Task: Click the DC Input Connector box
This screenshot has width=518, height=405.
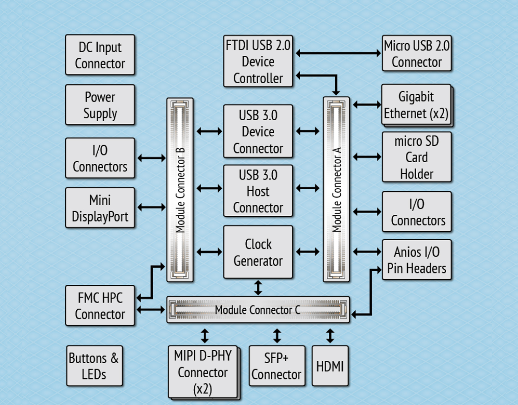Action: pyautogui.click(x=100, y=55)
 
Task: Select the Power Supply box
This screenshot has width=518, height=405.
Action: pyautogui.click(x=100, y=105)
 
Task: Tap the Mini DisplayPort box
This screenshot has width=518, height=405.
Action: pyautogui.click(x=100, y=208)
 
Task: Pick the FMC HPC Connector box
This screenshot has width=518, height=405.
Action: pyautogui.click(x=100, y=306)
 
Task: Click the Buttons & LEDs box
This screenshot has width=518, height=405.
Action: pyautogui.click(x=94, y=366)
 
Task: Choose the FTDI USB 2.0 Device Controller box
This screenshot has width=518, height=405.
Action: pyautogui.click(x=258, y=62)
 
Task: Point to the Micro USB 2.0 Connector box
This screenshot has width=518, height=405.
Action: pyautogui.click(x=417, y=53)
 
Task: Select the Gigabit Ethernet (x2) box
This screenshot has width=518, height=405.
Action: pyautogui.click(x=416, y=105)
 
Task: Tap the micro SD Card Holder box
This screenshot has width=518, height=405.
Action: pyautogui.click(x=417, y=157)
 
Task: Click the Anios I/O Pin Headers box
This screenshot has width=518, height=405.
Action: pyautogui.click(x=417, y=260)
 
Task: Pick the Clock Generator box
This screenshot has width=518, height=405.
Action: pyautogui.click(x=258, y=252)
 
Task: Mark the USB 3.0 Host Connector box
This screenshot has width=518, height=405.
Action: pyautogui.click(x=258, y=191)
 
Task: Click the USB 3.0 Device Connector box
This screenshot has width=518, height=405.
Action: pyautogui.click(x=258, y=131)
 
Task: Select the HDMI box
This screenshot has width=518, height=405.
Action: pyautogui.click(x=330, y=366)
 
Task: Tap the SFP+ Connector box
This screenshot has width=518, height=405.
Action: pyautogui.click(x=277, y=366)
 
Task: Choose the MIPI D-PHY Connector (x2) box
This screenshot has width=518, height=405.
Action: pyautogui.click(x=203, y=372)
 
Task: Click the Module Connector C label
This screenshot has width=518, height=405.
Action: pyautogui.click(x=257, y=310)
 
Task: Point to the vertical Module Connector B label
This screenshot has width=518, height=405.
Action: pyautogui.click(x=180, y=190)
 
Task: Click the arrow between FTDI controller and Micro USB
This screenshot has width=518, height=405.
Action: pyautogui.click(x=338, y=53)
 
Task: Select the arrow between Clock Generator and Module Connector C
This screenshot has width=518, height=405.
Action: pyautogui.click(x=258, y=288)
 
